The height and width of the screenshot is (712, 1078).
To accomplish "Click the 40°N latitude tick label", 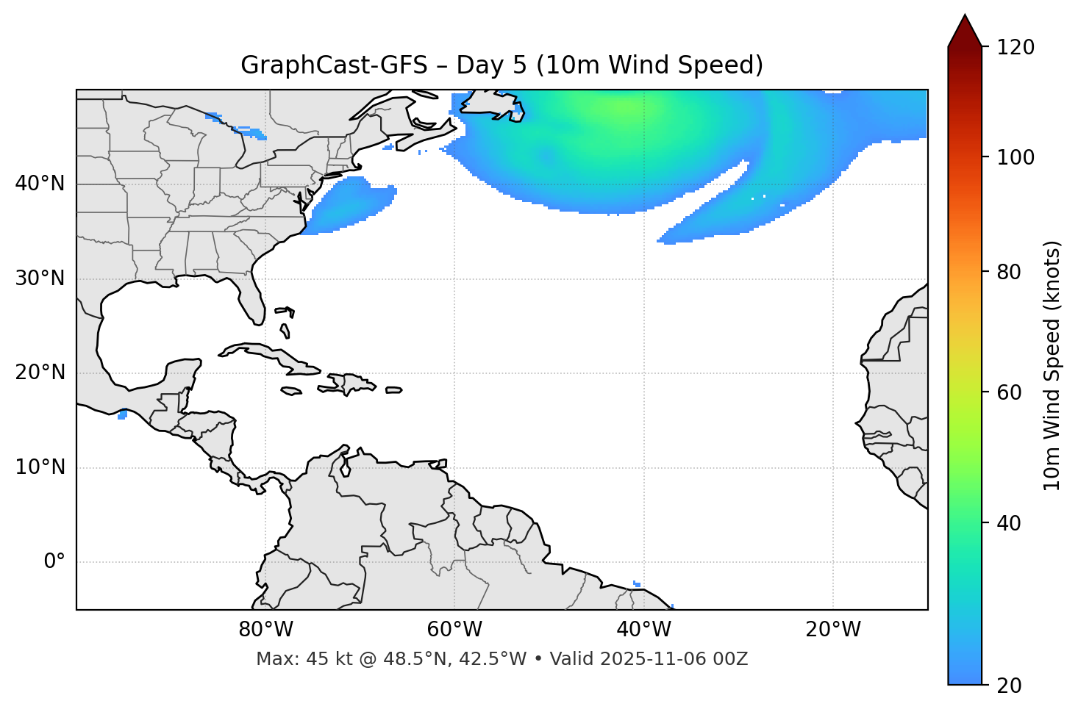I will coord(40,184).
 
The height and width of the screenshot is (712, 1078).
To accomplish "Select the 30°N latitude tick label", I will coord(40,278).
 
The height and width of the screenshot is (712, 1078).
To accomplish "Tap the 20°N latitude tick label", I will coord(40,373).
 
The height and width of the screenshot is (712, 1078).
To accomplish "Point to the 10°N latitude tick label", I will coord(40,467).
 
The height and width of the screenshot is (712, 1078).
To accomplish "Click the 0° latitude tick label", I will coord(54,562).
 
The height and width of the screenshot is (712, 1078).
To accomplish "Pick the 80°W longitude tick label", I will coord(265,630).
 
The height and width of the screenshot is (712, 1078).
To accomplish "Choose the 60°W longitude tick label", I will coord(454,630).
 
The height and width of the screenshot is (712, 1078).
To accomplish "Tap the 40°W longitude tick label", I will coord(643,630).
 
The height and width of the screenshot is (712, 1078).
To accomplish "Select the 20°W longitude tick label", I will coord(832,630).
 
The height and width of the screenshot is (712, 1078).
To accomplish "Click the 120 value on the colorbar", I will coord(1015,47).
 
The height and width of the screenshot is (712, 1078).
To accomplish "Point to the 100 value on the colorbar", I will coord(1015,157).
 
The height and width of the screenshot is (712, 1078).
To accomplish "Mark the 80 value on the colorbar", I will coord(1010,272).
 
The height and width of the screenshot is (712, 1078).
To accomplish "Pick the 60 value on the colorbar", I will coord(1010,392).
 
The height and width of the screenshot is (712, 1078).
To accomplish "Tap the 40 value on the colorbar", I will coord(1010,523).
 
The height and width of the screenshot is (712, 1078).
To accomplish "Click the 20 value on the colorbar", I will coord(1010,686).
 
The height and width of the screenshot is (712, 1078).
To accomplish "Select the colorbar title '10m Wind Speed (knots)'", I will coord(1052,365).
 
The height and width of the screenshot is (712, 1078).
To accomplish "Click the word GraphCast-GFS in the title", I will coord(334,65).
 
